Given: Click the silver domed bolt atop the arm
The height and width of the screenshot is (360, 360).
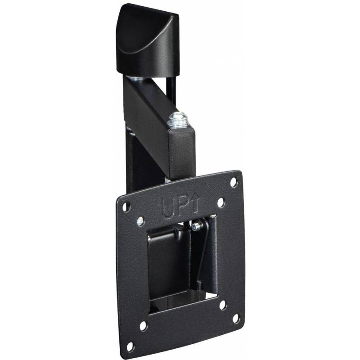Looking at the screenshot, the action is click(178, 120).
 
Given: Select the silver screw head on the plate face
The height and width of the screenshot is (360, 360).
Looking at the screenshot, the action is click(140, 220).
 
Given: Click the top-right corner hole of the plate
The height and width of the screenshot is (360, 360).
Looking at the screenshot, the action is click(234, 182).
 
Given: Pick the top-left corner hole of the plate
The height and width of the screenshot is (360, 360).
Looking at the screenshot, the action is click(126, 207).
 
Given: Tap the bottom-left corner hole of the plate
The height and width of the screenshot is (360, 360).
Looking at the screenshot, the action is click(130, 346).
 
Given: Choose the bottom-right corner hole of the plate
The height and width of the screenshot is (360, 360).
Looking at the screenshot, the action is click(236, 319).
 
